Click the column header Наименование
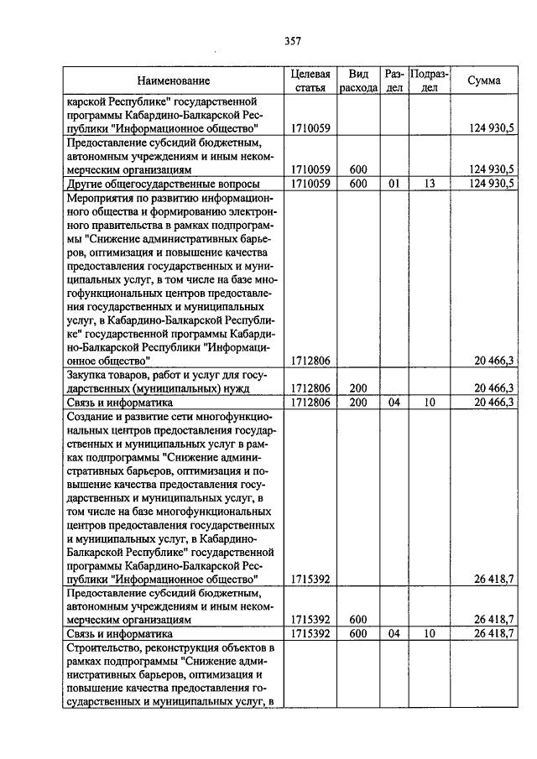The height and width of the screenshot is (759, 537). [x=174, y=81]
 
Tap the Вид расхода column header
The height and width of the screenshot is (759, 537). [x=358, y=81]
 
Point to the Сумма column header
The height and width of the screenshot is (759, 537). [x=484, y=81]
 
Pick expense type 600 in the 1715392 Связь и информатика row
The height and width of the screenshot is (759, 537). [x=358, y=634]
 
